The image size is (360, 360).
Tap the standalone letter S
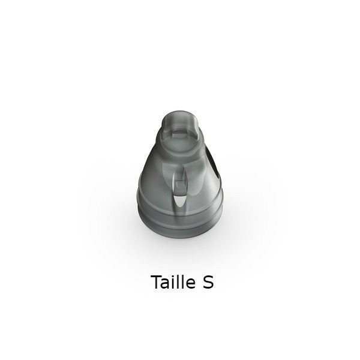click(x=208, y=282)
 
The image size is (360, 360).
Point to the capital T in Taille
click(x=157, y=282)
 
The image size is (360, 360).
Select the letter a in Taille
click(x=167, y=284)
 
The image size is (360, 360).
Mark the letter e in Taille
click(x=191, y=284)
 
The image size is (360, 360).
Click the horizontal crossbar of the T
click(x=157, y=276)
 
